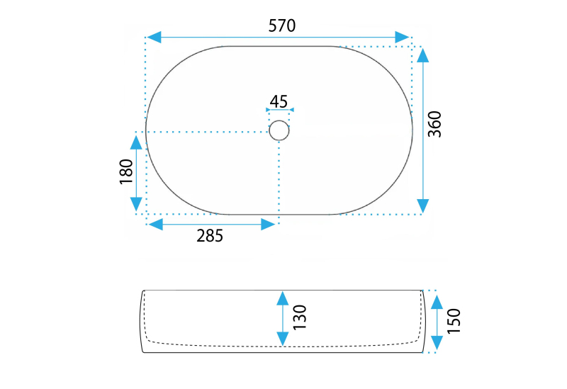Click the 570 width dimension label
282,26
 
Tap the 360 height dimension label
434,124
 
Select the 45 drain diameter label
279,101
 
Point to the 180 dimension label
126,171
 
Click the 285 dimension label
210,236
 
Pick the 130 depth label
300,317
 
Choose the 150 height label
454,321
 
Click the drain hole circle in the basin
279,130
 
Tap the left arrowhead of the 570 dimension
154,38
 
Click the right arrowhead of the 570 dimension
402,38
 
